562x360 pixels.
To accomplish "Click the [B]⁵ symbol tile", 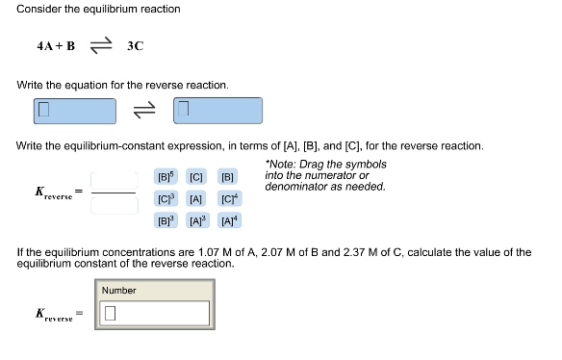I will (x=166, y=178).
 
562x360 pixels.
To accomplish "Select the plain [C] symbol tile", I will (x=196, y=178).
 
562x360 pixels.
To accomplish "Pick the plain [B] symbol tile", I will (x=227, y=178).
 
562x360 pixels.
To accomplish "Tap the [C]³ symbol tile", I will (x=166, y=198).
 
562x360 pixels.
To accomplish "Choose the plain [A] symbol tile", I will (x=196, y=198).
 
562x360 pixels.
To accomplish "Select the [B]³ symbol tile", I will (x=166, y=219).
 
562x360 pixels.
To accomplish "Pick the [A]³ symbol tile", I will (x=196, y=219).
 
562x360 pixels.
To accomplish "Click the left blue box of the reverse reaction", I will (x=74, y=111).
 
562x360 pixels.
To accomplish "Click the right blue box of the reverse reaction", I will (x=217, y=111).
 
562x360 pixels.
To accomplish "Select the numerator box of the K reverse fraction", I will (x=114, y=181).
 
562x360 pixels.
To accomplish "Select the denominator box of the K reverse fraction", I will (x=114, y=205).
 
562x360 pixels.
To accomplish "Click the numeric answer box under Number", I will (x=153, y=313).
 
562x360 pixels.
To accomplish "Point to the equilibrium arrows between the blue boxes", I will (x=144, y=111).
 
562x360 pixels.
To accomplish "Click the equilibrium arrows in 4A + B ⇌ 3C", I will (x=101, y=46).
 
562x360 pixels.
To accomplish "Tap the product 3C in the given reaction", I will (x=135, y=46).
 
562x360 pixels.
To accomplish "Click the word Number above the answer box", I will (x=119, y=290).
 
